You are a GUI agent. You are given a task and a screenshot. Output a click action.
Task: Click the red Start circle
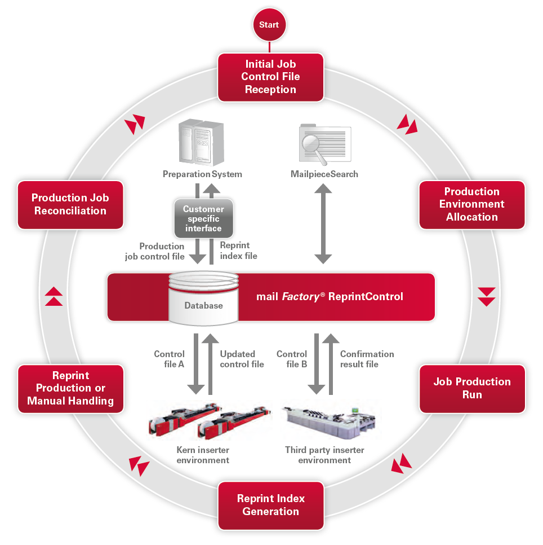click(x=269, y=25)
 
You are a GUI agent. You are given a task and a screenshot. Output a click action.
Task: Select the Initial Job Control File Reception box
click(x=270, y=77)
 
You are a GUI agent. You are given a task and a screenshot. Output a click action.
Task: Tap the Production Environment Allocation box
click(x=471, y=204)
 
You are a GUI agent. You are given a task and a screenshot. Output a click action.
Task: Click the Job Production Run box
click(x=471, y=388)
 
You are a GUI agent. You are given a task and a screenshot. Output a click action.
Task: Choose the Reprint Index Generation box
click(x=270, y=505)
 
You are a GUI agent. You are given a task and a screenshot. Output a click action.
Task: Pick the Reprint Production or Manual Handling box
click(x=70, y=388)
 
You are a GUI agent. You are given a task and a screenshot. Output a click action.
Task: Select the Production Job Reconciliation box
click(x=70, y=204)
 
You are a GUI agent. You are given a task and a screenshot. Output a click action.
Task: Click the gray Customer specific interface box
click(x=203, y=219)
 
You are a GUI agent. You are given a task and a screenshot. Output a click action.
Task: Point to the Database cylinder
click(x=203, y=298)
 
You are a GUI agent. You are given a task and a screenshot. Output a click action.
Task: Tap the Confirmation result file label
click(x=367, y=359)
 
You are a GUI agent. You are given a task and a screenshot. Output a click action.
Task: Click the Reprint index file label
click(x=238, y=251)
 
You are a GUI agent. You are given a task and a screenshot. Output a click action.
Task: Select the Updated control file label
click(x=242, y=359)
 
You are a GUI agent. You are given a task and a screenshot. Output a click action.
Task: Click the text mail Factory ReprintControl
click(x=330, y=297)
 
